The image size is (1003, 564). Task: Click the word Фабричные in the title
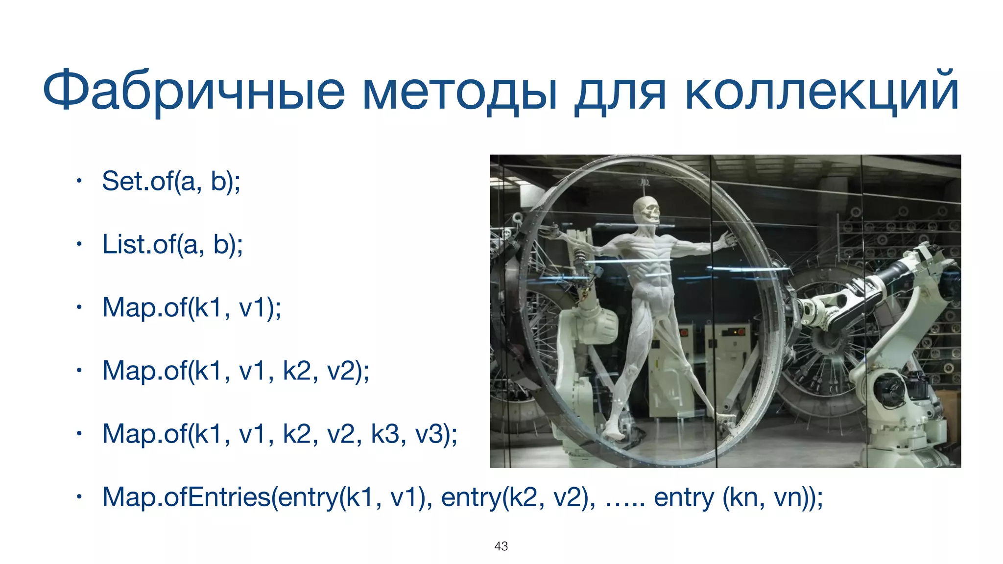pos(194,92)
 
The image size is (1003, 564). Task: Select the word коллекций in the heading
pos(821,92)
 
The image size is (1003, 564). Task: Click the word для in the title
pos(620,92)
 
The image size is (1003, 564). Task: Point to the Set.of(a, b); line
pos(171,181)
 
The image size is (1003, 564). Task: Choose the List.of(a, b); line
pos(172,244)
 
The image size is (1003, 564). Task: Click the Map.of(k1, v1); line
pos(191,307)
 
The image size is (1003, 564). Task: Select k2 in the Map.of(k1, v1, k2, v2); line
pos(297,371)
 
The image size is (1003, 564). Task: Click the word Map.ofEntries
pos(186,497)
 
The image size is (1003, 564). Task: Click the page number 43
pos(501,546)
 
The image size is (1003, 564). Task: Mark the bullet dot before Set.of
pos(78,182)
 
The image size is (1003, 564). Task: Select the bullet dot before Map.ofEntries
pos(78,497)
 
